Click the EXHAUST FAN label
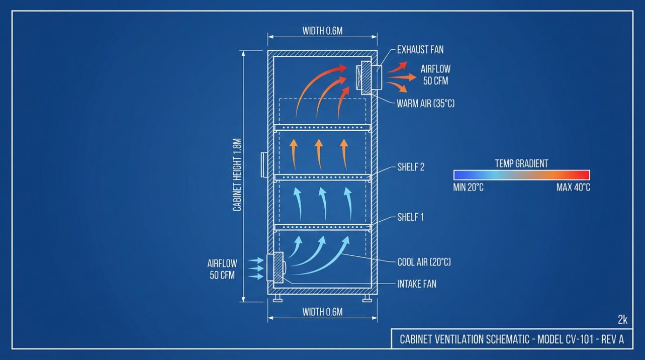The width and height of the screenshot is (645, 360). click(420, 50)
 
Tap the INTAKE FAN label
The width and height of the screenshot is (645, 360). click(417, 284)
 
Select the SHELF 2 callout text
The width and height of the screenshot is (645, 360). click(411, 167)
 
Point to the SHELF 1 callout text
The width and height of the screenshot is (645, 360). click(411, 217)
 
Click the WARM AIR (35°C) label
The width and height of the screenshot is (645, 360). click(426, 104)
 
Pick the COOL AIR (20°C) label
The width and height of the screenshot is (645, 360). click(424, 262)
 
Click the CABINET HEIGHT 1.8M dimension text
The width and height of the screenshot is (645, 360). click(237, 175)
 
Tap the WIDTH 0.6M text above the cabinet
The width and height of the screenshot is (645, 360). click(323, 31)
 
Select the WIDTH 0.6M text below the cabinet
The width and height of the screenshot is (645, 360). click(323, 312)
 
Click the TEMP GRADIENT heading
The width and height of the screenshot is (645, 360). click(521, 163)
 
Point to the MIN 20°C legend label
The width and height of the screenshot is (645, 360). click(468, 188)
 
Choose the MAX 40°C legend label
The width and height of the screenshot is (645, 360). click(573, 188)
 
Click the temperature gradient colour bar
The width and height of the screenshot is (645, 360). click(522, 175)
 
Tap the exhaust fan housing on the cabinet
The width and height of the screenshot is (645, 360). click(369, 77)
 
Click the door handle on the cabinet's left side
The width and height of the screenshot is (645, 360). click(264, 165)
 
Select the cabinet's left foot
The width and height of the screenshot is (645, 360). click(278, 298)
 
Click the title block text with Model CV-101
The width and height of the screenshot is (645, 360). click(512, 339)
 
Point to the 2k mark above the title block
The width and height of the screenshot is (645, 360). click(622, 320)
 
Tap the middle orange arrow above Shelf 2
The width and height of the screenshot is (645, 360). click(318, 154)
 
